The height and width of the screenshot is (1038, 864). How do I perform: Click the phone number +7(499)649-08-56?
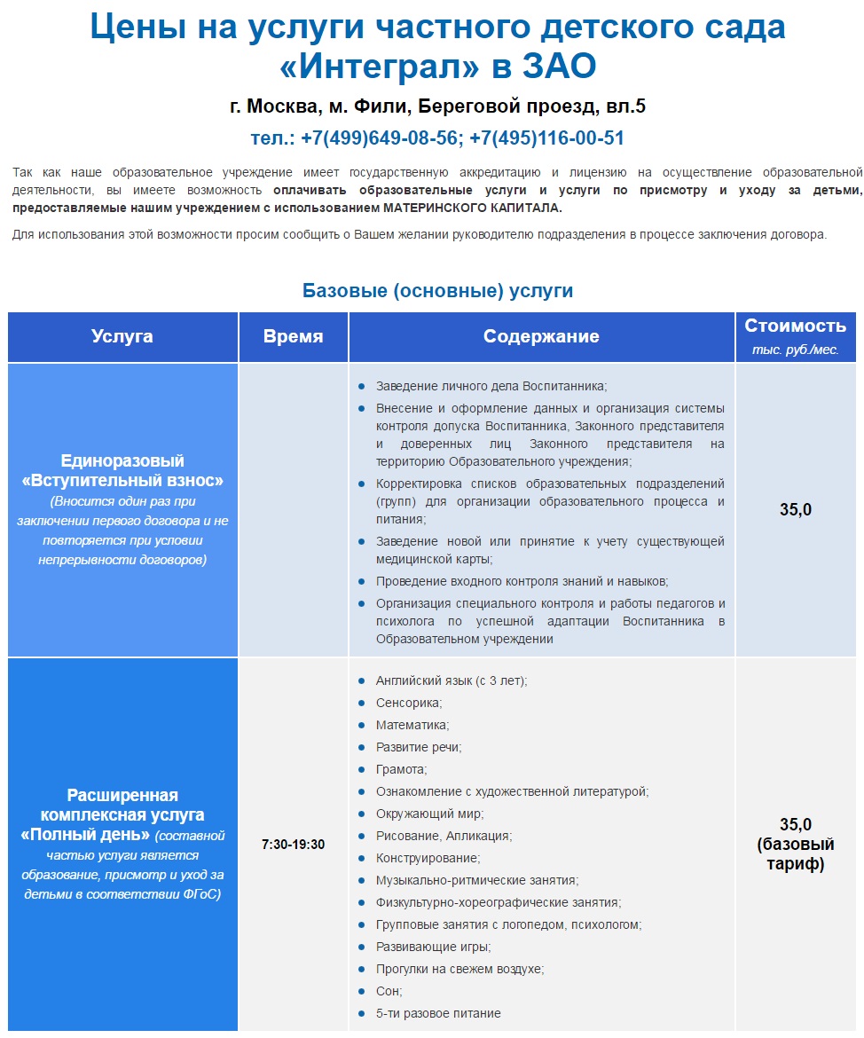click(381, 138)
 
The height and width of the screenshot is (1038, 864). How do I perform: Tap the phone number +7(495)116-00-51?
click(547, 138)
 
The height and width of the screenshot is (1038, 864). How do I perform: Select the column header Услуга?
click(122, 336)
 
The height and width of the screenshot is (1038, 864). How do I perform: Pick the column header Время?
click(293, 336)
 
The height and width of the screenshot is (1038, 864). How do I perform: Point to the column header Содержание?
click(541, 336)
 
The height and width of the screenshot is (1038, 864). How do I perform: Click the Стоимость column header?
click(795, 326)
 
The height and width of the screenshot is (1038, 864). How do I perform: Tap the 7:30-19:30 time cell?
click(293, 845)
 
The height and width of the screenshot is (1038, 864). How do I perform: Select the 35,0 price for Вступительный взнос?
click(795, 509)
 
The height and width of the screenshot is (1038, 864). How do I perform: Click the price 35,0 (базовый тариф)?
click(795, 843)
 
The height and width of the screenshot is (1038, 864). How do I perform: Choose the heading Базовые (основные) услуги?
click(438, 290)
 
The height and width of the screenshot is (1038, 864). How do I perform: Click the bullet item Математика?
click(412, 725)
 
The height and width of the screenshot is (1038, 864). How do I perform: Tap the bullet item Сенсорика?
click(408, 703)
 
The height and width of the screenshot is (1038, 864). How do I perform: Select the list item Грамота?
click(401, 769)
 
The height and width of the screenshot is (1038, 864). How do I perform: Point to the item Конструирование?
click(428, 858)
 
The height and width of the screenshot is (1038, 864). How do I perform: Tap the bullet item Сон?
click(389, 991)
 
